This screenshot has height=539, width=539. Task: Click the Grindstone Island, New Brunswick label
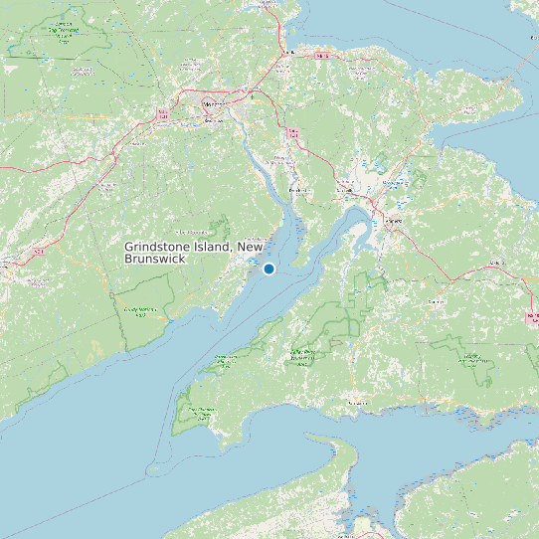pos(193,253)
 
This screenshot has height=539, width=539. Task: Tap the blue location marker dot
pos(269,269)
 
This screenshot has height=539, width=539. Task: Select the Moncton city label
pos(213,103)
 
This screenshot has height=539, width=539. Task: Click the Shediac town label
pos(288,53)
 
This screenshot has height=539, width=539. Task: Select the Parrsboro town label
pos(354,403)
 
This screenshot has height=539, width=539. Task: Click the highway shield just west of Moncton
pos(161,118)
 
